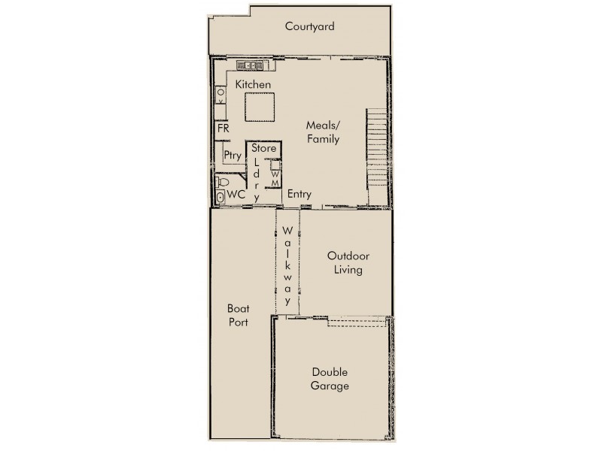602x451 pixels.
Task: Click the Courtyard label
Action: point(309,27)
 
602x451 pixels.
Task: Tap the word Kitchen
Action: point(253,85)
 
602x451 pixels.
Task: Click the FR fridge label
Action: point(223,129)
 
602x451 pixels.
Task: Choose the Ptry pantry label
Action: point(232,156)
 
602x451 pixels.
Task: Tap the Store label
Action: point(263,149)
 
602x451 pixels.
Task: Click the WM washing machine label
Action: point(275,178)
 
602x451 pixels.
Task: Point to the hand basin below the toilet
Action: point(220,196)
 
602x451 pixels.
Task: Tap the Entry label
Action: point(299,194)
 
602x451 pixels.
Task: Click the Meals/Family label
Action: point(323,132)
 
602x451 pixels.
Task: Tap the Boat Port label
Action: point(238,315)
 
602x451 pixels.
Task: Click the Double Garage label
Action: point(330,379)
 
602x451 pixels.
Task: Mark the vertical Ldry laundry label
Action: point(257,179)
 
